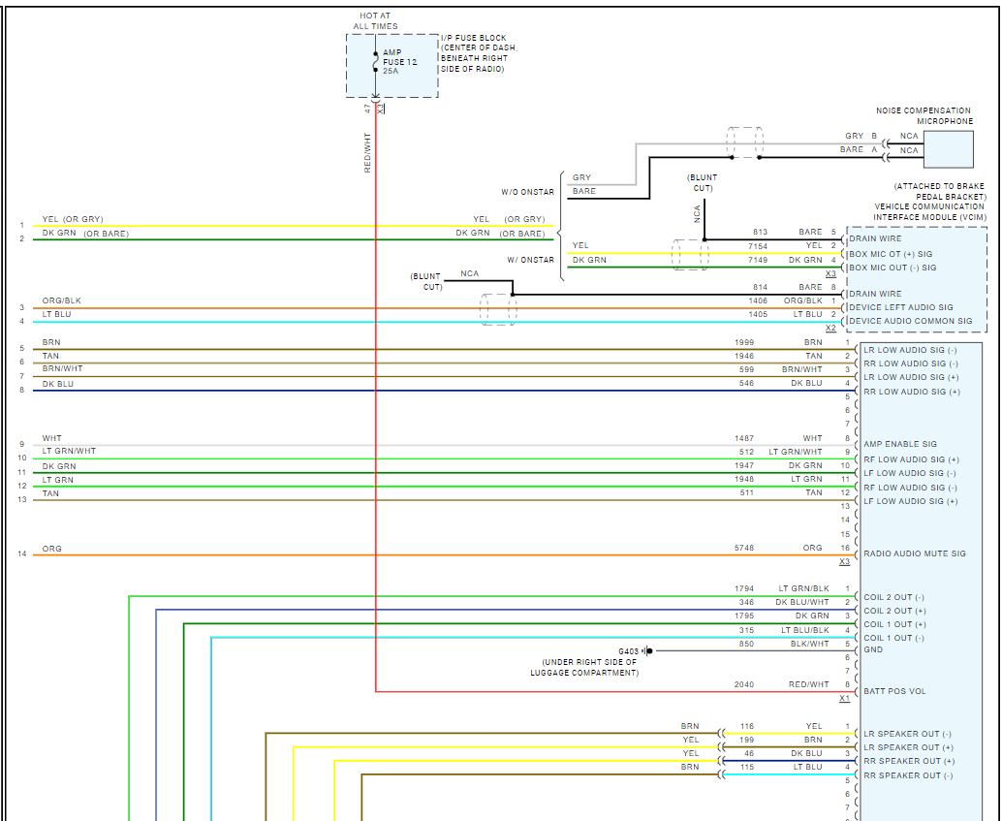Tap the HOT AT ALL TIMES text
375,21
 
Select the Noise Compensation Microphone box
948,149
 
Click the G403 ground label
630,650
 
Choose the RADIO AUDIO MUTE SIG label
914,553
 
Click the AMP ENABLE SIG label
900,444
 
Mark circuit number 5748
743,548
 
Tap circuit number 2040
743,684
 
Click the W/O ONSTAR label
527,192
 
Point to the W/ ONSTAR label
530,260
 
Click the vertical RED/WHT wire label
368,153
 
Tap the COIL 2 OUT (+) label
894,611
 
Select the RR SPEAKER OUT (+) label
908,761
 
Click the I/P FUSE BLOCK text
473,39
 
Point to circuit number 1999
743,342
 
